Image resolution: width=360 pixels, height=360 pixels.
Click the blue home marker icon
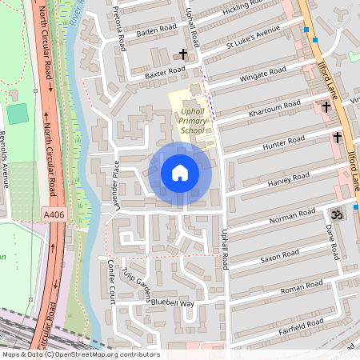[x=180, y=173]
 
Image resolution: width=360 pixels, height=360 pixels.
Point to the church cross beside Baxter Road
[x=183, y=55]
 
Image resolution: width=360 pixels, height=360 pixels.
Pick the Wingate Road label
[x=262, y=76]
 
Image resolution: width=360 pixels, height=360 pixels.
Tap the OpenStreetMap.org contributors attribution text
[x=106, y=354]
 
